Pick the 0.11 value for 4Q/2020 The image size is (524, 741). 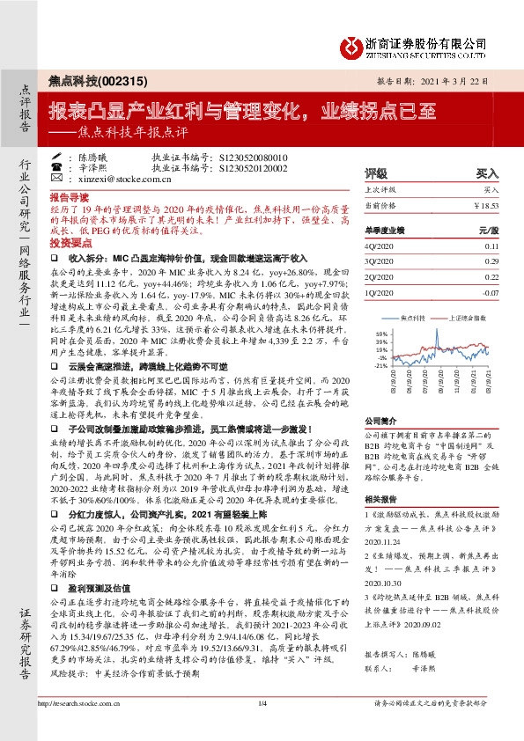tap(491, 247)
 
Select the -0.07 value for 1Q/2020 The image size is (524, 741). tap(489, 291)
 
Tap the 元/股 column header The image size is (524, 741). tap(489, 230)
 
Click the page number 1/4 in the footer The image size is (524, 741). tap(262, 729)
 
